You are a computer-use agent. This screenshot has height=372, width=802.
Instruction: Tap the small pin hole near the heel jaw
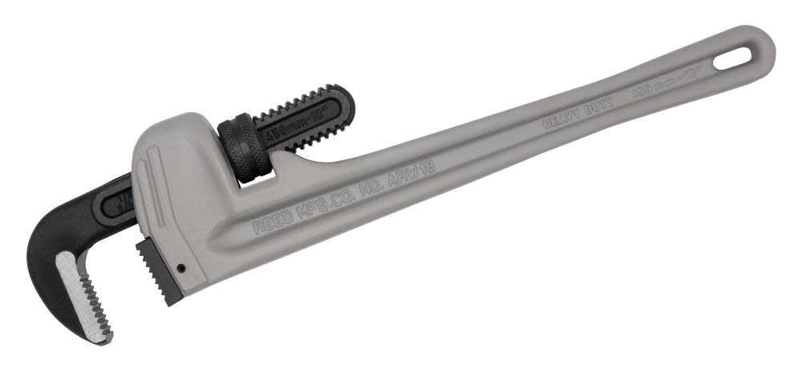pos(183,268)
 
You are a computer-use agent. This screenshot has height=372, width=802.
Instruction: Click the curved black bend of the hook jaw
pos(44,241)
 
